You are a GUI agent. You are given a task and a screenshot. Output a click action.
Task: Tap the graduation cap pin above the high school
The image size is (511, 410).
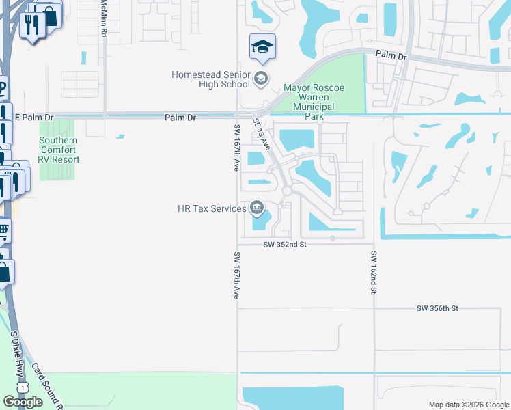(262, 47)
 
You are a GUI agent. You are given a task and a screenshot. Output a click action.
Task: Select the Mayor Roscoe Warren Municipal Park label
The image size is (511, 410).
(314, 102)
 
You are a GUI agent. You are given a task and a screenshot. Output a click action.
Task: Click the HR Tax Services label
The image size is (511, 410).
(212, 208)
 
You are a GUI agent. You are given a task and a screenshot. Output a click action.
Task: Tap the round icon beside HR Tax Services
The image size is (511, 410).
(258, 206)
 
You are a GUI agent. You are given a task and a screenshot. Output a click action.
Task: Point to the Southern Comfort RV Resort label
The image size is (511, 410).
(59, 150)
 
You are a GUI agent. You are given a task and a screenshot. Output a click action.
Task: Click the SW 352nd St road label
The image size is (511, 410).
(284, 244)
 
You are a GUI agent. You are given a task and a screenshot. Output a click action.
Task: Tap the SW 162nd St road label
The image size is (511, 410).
(374, 272)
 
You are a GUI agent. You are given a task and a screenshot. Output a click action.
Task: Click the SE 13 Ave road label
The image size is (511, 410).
(263, 134)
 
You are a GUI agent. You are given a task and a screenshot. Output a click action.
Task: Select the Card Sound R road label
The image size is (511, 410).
(47, 385)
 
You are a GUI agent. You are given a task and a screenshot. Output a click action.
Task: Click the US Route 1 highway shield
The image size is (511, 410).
(24, 387)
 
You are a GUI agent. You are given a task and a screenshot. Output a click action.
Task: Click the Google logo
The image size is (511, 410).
(23, 402)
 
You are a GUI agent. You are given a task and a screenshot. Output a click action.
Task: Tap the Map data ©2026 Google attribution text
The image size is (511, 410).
(468, 405)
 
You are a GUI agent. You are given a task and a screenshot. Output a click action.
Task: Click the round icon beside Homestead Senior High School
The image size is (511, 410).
(260, 79)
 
